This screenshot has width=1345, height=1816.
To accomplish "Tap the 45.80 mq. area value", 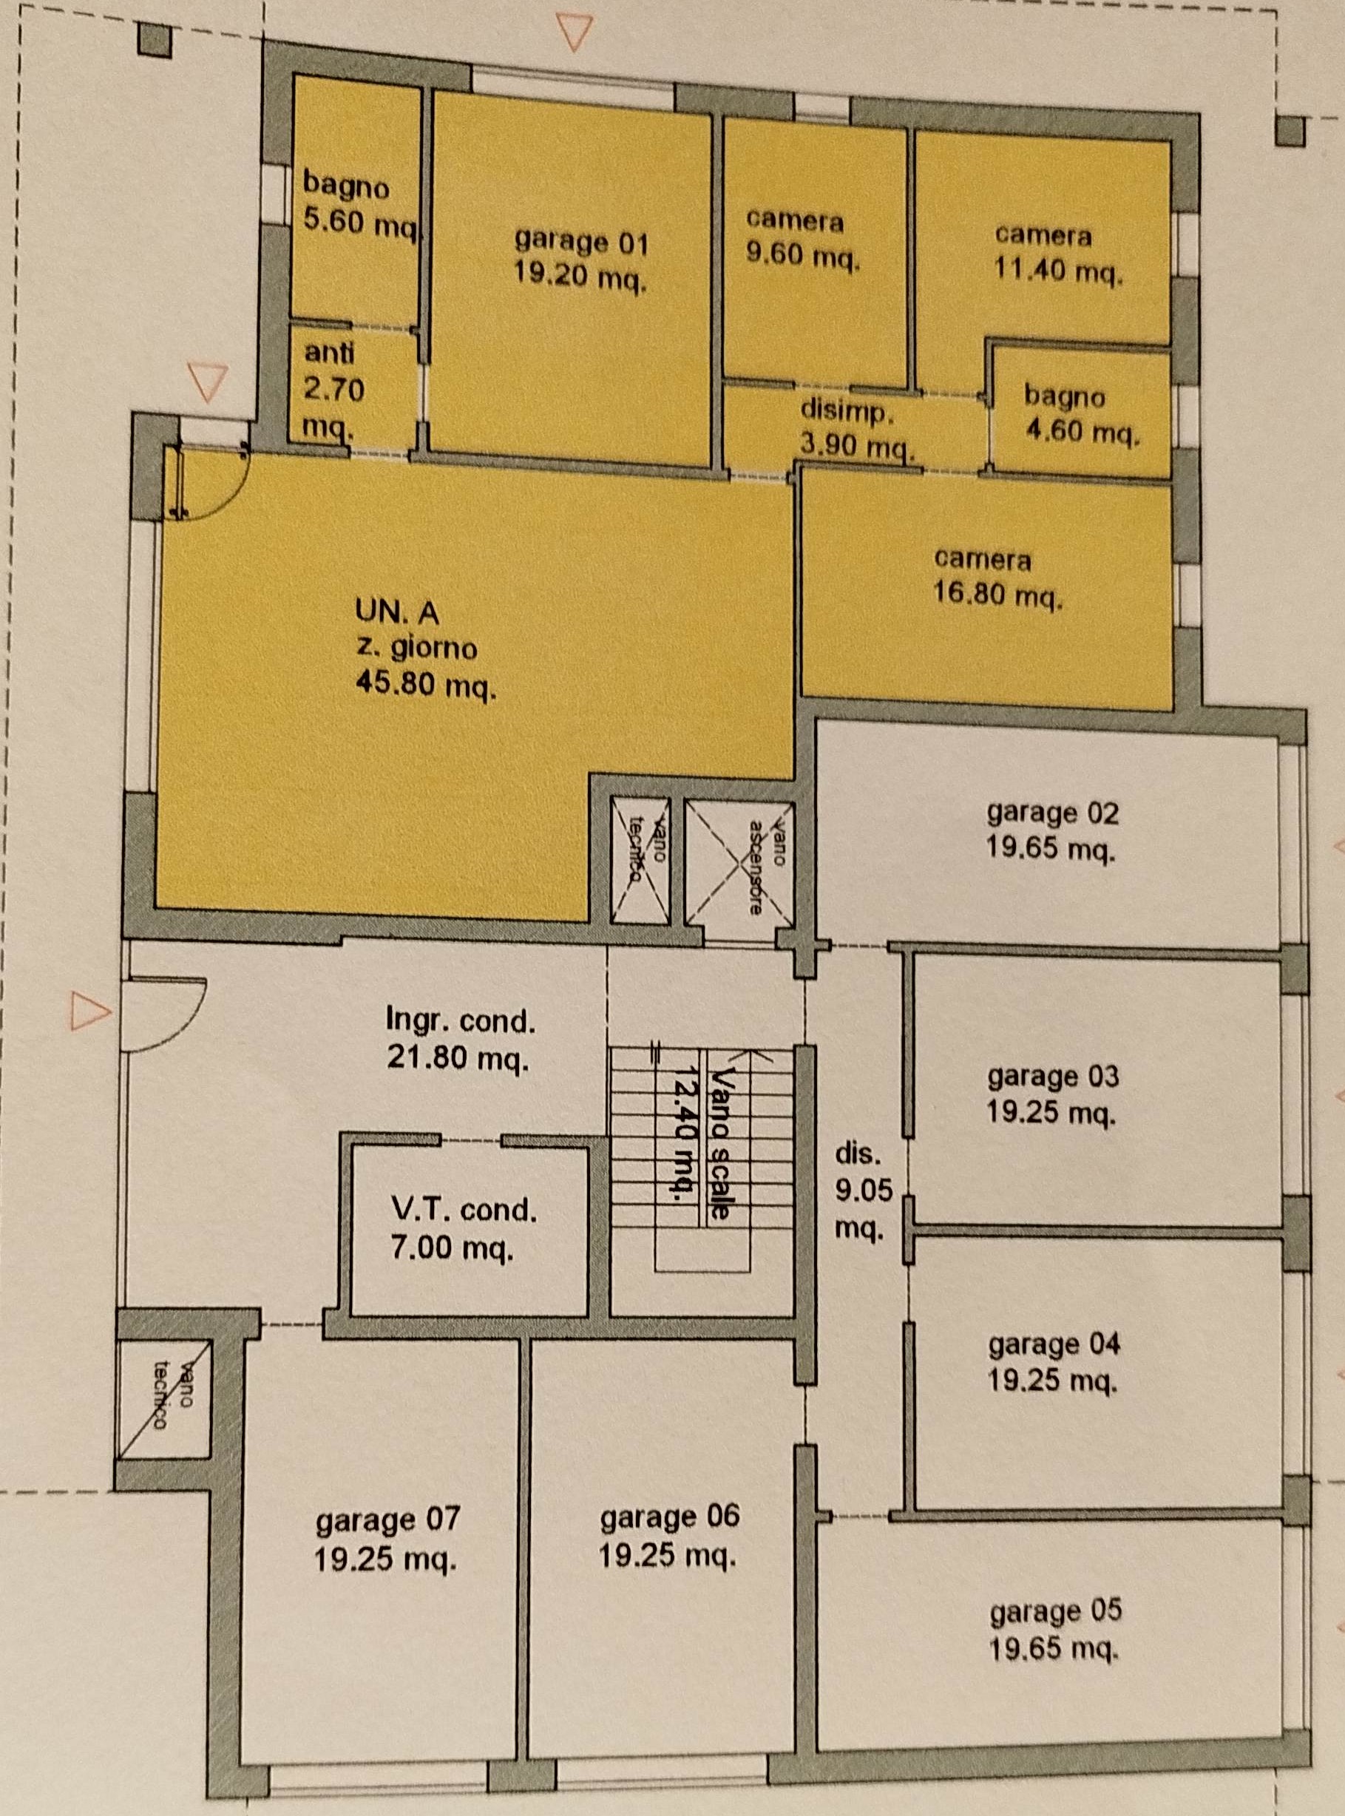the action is coord(426,688).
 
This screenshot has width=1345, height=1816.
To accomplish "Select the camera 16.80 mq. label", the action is coord(998,578).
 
